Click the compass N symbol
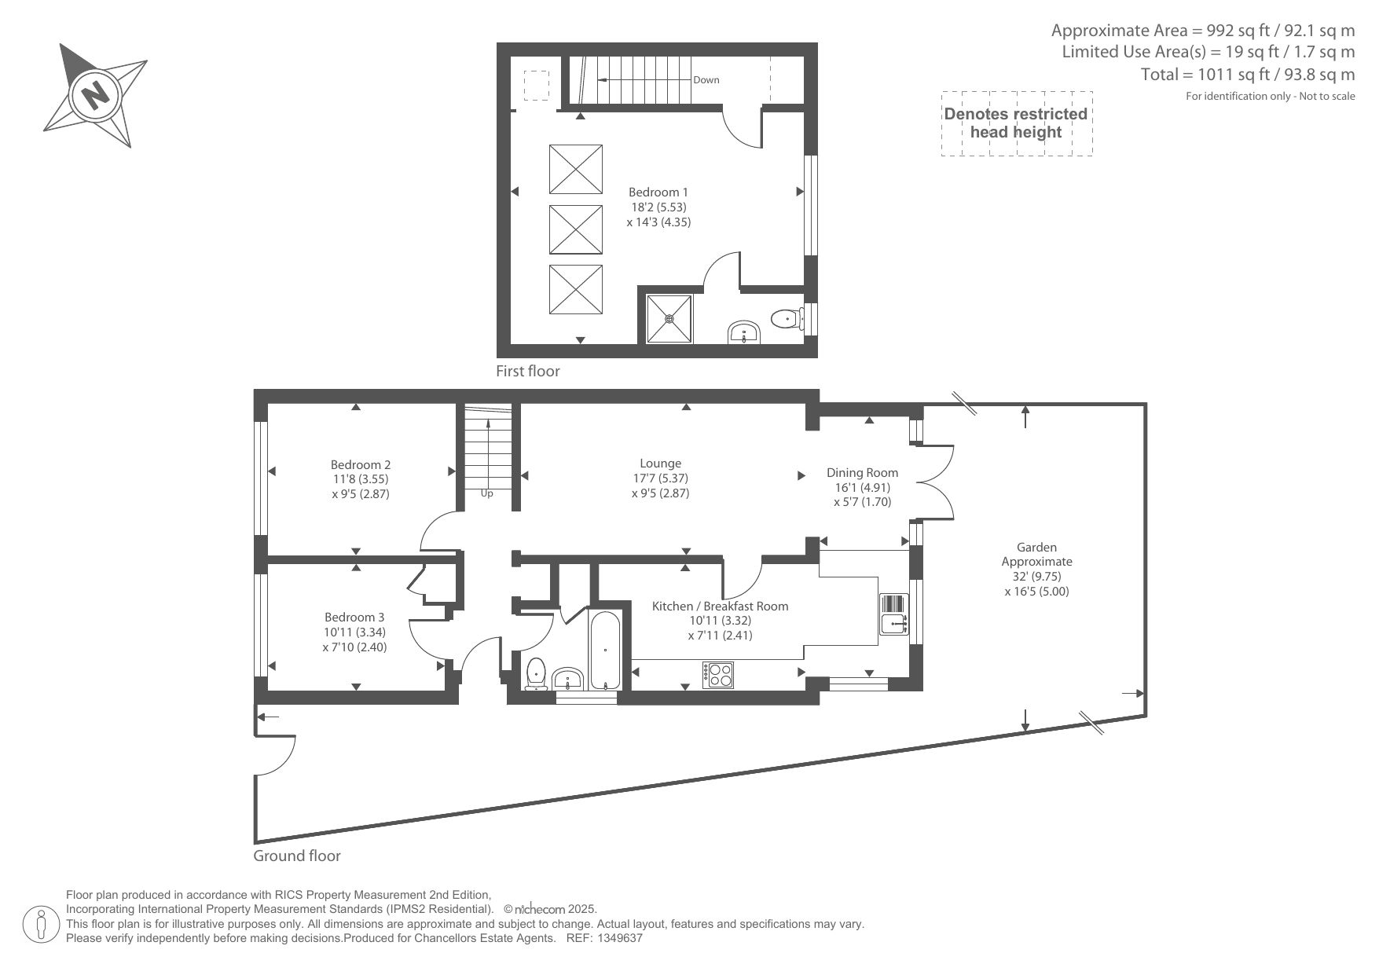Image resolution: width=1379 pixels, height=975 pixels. pyautogui.click(x=95, y=96)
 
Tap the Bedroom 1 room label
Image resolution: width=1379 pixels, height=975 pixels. pyautogui.click(x=658, y=192)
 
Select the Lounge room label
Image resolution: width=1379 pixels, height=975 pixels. pyautogui.click(x=660, y=464)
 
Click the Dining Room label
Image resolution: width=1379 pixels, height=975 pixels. pyautogui.click(x=862, y=472)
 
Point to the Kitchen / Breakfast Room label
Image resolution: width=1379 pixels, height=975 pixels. pyautogui.click(x=720, y=606)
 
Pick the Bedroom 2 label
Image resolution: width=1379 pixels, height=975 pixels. pyautogui.click(x=361, y=464)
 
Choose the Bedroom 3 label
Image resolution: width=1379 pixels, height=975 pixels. pyautogui.click(x=354, y=618)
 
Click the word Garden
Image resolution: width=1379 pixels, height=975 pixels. pyautogui.click(x=1036, y=547)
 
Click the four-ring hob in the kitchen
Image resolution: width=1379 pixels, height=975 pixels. pyautogui.click(x=719, y=675)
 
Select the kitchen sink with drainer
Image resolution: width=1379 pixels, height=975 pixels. pyautogui.click(x=894, y=614)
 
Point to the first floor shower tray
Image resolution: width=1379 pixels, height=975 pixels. pyautogui.click(x=669, y=319)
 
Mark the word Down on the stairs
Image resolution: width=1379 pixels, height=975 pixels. pyautogui.click(x=706, y=79)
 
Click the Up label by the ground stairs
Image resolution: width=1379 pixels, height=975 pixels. pyautogui.click(x=486, y=493)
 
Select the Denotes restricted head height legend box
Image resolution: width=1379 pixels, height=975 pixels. pyautogui.click(x=1017, y=123)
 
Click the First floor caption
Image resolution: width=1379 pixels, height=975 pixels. pyautogui.click(x=528, y=371)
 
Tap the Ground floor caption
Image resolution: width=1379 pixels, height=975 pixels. pyautogui.click(x=297, y=856)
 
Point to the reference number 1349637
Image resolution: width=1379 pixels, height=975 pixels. pyautogui.click(x=621, y=938)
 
